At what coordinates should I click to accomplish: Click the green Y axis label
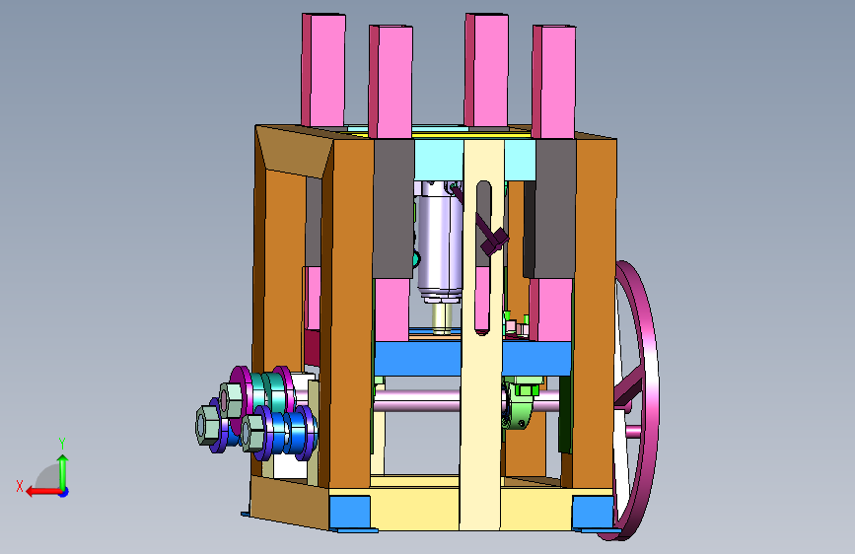pyautogui.click(x=62, y=443)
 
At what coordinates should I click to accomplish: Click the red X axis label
pyautogui.click(x=20, y=486)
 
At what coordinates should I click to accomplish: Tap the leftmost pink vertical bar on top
pyautogui.click(x=323, y=70)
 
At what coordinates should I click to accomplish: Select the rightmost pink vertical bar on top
pyautogui.click(x=554, y=82)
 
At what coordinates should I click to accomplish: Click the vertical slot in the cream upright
pyautogui.click(x=483, y=257)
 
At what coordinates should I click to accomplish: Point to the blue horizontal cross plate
pyautogui.click(x=472, y=358)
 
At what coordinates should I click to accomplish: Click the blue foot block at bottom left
pyautogui.click(x=349, y=513)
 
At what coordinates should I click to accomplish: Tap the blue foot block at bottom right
pyautogui.click(x=593, y=513)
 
